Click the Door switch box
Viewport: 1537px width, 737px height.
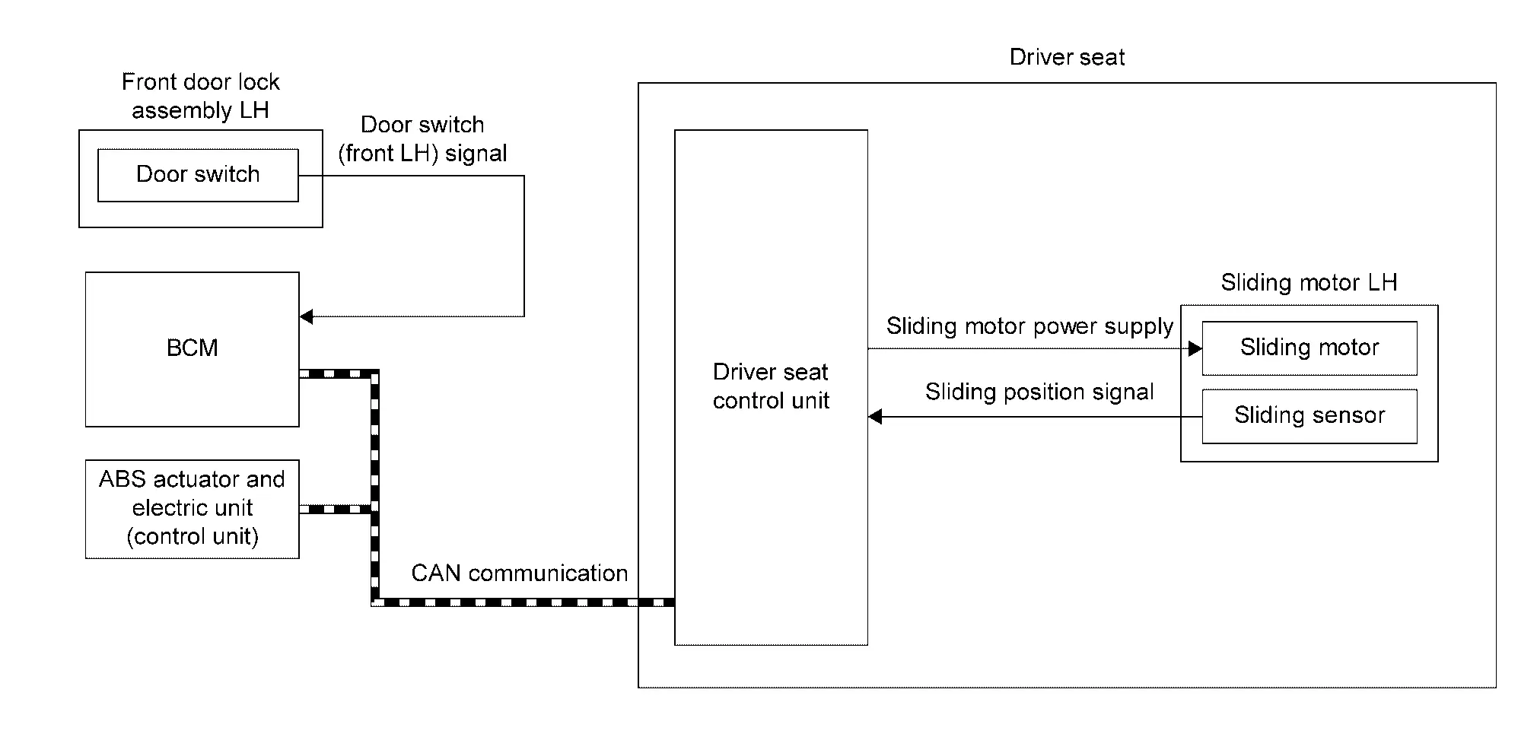(198, 175)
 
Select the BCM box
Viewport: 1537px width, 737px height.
(192, 349)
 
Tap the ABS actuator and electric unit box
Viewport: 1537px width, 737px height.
(192, 509)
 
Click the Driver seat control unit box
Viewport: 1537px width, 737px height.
(771, 387)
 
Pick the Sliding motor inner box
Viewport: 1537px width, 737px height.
(1309, 348)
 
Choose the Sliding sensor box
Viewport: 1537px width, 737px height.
(1309, 416)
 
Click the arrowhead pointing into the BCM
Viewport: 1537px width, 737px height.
(306, 316)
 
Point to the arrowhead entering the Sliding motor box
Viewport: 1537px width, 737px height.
(1195, 348)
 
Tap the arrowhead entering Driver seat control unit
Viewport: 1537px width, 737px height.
(875, 416)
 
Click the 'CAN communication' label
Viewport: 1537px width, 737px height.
(520, 573)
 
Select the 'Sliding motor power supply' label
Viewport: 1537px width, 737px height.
(1029, 326)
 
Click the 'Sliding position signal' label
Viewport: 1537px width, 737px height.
(1039, 392)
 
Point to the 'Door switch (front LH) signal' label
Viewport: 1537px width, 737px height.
(422, 139)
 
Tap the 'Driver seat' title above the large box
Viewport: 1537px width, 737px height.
(1067, 57)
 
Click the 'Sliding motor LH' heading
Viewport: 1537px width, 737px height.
(1309, 282)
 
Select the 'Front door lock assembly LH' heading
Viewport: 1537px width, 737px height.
(201, 96)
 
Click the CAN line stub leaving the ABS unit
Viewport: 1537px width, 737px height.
(335, 509)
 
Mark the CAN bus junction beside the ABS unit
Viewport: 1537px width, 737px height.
(374, 509)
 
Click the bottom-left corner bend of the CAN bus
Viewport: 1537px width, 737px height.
(374, 602)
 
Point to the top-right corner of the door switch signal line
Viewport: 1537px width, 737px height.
(524, 176)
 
